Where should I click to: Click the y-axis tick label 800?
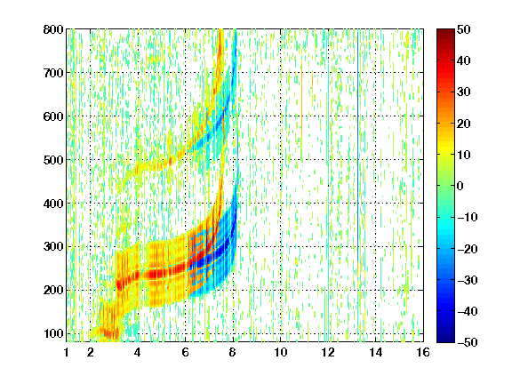pyautogui.click(x=53, y=29)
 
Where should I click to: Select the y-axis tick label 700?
pyautogui.click(x=53, y=73)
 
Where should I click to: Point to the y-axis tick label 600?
pyautogui.click(x=53, y=116)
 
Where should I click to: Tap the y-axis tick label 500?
pyautogui.click(x=53, y=160)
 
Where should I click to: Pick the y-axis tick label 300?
pyautogui.click(x=53, y=246)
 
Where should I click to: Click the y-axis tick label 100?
pyautogui.click(x=53, y=333)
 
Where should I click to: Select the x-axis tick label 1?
pyautogui.click(x=67, y=352)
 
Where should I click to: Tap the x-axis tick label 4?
pyautogui.click(x=138, y=352)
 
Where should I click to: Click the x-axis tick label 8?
pyautogui.click(x=233, y=352)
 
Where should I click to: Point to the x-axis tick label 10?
pyautogui.click(x=280, y=352)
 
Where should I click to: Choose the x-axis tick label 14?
pyautogui.click(x=375, y=352)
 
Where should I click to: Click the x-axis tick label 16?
pyautogui.click(x=423, y=352)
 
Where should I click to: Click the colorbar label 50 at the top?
pyautogui.click(x=464, y=29)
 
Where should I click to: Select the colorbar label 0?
pyautogui.click(x=460, y=186)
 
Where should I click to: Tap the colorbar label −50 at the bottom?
pyautogui.click(x=468, y=342)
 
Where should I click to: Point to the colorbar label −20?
pyautogui.click(x=468, y=249)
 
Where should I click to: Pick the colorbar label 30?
pyautogui.click(x=464, y=92)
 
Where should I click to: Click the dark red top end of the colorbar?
pyautogui.click(x=445, y=32)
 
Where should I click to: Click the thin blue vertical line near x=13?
pyautogui.click(x=358, y=154)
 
